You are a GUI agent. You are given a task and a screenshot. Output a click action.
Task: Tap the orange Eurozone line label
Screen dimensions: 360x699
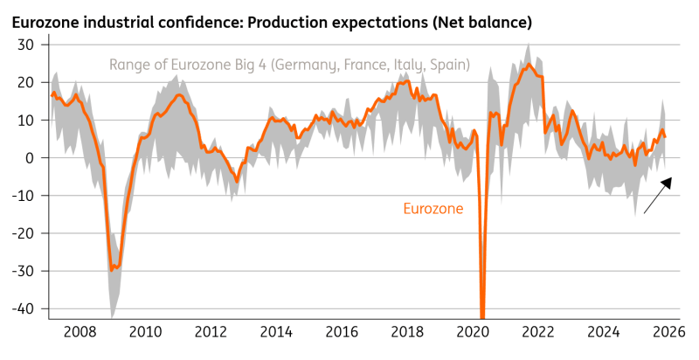coord(433,209)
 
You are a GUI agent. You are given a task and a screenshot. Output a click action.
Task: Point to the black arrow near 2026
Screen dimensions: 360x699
coord(657,195)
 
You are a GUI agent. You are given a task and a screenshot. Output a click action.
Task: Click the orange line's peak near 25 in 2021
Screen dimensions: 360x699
coord(529,64)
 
